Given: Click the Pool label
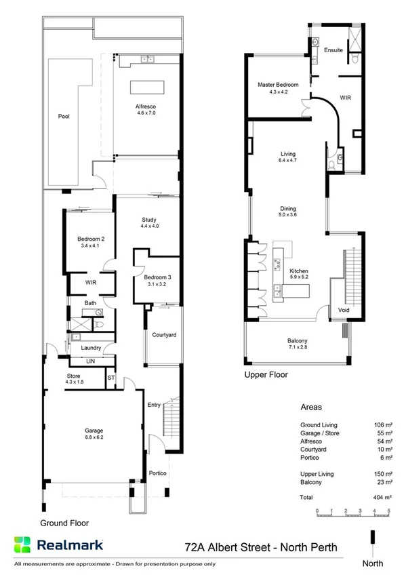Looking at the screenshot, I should click(64, 116).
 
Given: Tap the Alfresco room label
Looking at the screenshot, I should click(146, 106).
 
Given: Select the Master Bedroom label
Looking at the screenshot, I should click(278, 85).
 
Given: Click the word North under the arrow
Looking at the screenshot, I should click(372, 563).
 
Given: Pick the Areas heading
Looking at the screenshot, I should click(312, 408).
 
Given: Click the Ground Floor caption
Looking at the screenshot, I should click(64, 523).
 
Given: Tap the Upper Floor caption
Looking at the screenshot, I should click(266, 374).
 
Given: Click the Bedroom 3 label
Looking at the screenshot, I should click(157, 277).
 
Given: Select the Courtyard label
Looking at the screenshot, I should click(164, 335).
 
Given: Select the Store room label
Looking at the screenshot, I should click(73, 376).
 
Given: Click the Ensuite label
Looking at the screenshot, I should click(333, 50).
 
